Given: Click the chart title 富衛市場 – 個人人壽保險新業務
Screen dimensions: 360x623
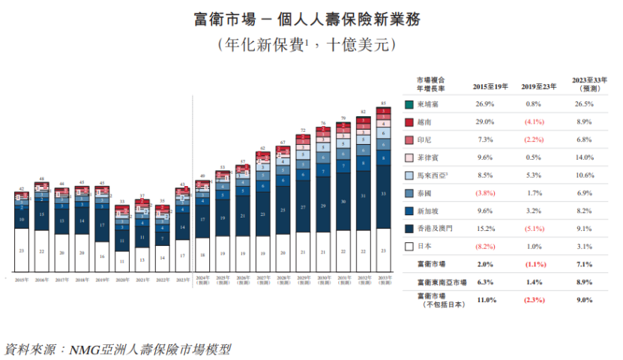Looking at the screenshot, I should pyautogui.click(x=311, y=19).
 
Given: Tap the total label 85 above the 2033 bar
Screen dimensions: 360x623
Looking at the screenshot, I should pyautogui.click(x=384, y=103).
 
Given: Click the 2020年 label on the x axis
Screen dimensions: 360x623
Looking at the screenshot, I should pyautogui.click(x=122, y=279).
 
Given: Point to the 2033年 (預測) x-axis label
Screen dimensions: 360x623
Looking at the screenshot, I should pyautogui.click(x=384, y=281).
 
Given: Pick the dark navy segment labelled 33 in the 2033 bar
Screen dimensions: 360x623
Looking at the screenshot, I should pyautogui.click(x=384, y=193).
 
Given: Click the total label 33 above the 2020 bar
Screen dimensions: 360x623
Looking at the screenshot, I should pyautogui.click(x=122, y=202).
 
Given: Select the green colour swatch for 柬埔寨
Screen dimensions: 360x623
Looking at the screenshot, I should pyautogui.click(x=409, y=104).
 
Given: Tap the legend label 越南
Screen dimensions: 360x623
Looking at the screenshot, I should pyautogui.click(x=425, y=121).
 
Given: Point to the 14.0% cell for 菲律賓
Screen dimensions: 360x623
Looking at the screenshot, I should pyautogui.click(x=583, y=157).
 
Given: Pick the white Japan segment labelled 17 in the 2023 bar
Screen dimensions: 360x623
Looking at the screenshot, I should pyautogui.click(x=182, y=256).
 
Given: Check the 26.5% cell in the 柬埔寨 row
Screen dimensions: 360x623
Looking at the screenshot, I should pyautogui.click(x=583, y=104).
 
